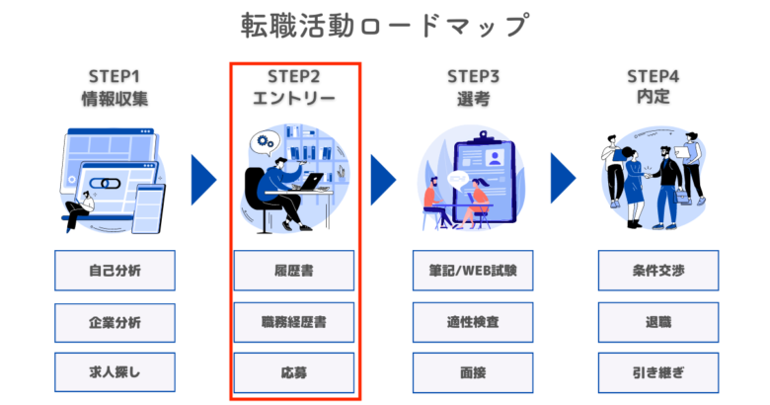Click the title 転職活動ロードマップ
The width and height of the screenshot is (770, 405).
(x=385, y=25)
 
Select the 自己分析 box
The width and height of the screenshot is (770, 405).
(x=115, y=271)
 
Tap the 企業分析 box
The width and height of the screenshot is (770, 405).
(x=115, y=322)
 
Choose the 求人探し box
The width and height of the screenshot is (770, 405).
(x=115, y=372)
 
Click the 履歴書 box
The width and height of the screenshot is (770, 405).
(x=293, y=271)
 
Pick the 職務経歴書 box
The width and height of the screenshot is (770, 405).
(x=293, y=322)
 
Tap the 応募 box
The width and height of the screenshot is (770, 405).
(x=293, y=372)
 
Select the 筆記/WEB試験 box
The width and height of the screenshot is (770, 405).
(x=473, y=271)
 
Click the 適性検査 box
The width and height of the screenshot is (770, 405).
(x=473, y=322)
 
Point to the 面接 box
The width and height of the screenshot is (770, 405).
(x=473, y=372)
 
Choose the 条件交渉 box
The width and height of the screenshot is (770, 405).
(x=658, y=271)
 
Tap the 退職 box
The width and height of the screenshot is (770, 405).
(x=658, y=322)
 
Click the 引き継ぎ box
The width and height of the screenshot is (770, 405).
(x=658, y=372)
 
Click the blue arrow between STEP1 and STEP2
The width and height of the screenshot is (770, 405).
(x=203, y=180)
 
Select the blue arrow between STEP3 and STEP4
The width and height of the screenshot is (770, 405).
(x=563, y=178)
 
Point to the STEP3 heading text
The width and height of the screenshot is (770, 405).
(x=473, y=77)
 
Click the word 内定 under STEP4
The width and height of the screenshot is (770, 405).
(x=654, y=97)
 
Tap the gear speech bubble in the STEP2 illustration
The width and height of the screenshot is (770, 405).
(x=266, y=143)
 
